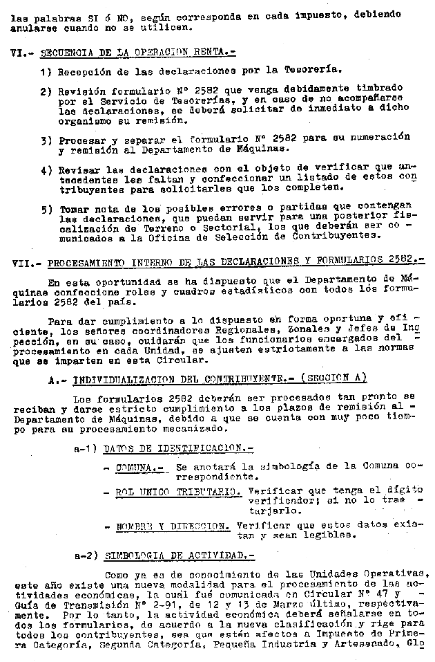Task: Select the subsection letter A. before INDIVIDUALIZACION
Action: pos(56,378)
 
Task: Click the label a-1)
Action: pos(86,449)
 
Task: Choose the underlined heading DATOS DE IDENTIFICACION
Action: pos(168,449)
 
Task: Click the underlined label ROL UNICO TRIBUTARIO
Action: pos(178,491)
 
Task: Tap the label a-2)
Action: pos(86,555)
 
